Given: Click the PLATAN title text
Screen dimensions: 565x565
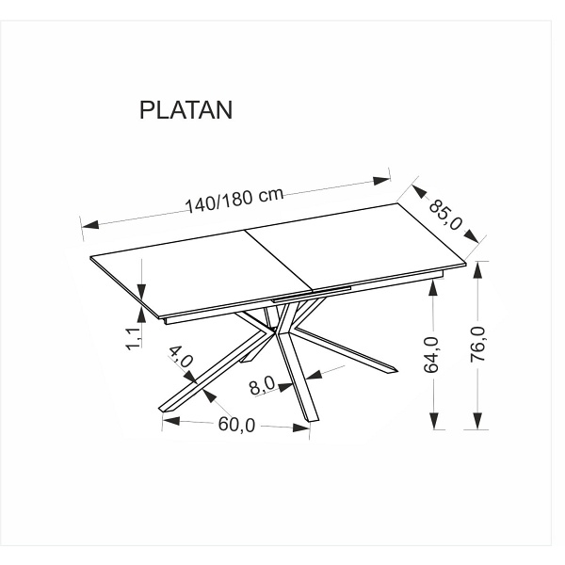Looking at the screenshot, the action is [186, 109].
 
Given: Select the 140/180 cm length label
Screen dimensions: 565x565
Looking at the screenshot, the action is [234, 200].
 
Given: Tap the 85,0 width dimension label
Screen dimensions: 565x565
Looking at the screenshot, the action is [445, 215].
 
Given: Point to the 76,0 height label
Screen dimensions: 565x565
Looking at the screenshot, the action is [478, 344].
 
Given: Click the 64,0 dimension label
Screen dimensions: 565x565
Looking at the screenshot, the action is [432, 355].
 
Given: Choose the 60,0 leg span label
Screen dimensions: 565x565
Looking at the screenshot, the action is [236, 425].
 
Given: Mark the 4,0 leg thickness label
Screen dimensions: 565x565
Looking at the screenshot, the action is [181, 357].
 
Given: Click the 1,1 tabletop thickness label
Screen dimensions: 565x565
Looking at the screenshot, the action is [135, 339].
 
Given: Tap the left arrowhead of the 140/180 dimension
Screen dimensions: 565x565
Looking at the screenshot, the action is [90, 225].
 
